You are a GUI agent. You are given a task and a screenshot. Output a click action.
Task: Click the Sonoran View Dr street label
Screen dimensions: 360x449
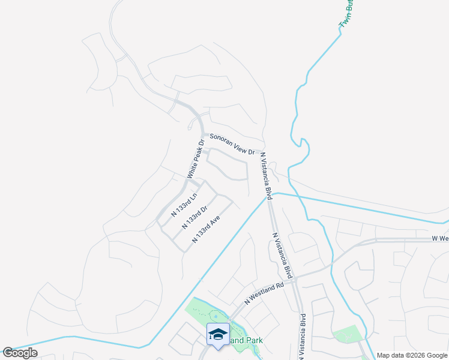(x=232, y=145)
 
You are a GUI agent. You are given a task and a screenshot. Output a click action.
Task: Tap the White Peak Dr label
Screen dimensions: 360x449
(x=196, y=158)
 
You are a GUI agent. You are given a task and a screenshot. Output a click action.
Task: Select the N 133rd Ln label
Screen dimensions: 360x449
(x=184, y=203)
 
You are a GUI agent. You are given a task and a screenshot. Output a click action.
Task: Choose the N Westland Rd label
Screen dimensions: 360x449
(x=264, y=294)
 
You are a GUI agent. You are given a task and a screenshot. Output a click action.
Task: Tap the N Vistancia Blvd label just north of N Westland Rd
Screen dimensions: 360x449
(x=283, y=256)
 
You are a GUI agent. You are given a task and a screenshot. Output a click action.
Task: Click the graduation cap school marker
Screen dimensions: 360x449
(x=218, y=334)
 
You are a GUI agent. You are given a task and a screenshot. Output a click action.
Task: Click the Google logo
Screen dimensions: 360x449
(x=20, y=353)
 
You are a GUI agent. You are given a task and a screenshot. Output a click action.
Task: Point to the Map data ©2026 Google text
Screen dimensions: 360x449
(x=411, y=355)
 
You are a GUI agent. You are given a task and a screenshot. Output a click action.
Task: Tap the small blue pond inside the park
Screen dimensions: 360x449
(x=215, y=316)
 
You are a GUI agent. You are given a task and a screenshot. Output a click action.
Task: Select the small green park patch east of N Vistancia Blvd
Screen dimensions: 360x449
(x=346, y=334)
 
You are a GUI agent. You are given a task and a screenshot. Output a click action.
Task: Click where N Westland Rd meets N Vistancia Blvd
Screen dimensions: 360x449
(x=296, y=275)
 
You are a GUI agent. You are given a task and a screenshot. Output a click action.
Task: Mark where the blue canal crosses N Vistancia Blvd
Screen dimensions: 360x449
(x=268, y=196)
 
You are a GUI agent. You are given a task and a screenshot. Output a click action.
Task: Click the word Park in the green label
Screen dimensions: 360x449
(x=253, y=340)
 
